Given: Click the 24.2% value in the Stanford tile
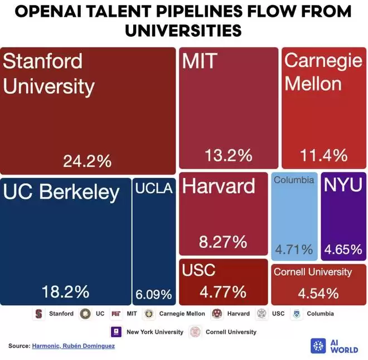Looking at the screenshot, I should tap(88, 161).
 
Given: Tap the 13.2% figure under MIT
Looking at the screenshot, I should tap(229, 156).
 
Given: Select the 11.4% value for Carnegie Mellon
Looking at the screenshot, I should tap(324, 156).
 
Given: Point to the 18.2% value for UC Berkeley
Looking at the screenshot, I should tap(66, 291).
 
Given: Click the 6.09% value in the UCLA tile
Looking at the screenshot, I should tap(153, 294).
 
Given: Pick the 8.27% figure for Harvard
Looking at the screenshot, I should tap(223, 242).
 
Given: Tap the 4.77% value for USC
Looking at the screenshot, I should tap(223, 292).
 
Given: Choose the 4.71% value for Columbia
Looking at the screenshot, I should tap(294, 249).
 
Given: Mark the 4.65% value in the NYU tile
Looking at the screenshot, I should tap(343, 249).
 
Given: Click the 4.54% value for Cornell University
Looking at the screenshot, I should tap(318, 293).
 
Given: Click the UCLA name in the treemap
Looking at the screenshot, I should tap(154, 189).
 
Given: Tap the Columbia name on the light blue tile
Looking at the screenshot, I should tap(294, 180).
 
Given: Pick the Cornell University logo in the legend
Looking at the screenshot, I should tap(195, 332).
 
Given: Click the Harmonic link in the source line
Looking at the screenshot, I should tap(47, 347).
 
